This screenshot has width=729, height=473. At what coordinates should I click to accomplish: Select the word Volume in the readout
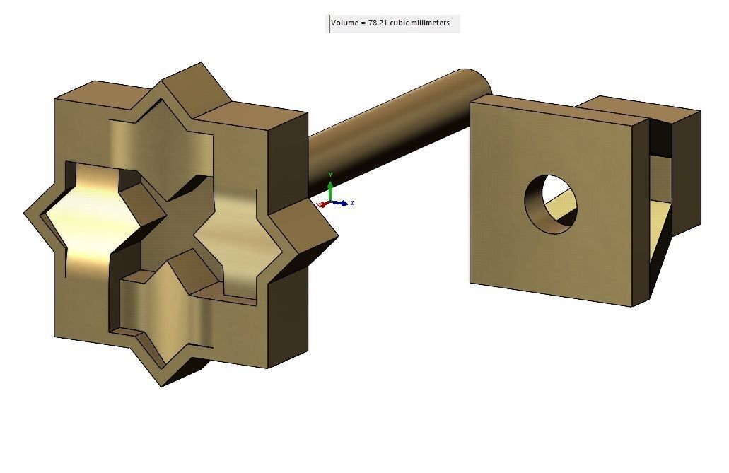pos(344,23)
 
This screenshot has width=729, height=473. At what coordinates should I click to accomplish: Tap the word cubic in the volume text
pos(400,23)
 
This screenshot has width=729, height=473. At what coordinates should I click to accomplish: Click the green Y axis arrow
pos(330,188)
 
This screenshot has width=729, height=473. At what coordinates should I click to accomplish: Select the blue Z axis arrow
pos(343,204)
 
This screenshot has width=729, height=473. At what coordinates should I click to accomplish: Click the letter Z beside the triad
pos(352,203)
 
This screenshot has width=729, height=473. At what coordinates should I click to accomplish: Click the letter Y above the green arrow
pos(330,175)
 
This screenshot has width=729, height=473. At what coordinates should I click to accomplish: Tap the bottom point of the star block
pos(163,384)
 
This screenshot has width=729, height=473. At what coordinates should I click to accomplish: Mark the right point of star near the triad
pos(335,235)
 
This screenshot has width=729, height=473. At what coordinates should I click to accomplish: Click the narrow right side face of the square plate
pos(641,212)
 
